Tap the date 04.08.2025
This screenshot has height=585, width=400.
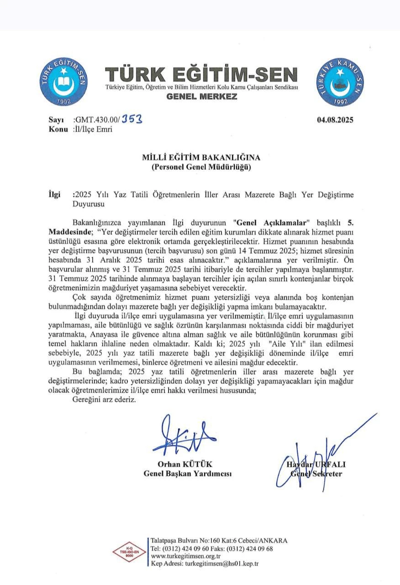coord(335,120)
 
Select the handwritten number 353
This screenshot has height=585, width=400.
coord(132,119)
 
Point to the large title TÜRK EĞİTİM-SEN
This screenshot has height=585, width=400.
coord(201,74)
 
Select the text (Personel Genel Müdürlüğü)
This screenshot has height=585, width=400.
coord(201,167)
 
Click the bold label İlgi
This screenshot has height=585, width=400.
coord(55,195)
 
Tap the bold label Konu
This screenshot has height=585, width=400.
coord(58,129)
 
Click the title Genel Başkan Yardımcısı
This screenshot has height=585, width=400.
coord(187,473)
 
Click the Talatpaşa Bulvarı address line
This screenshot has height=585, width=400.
coord(219,540)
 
